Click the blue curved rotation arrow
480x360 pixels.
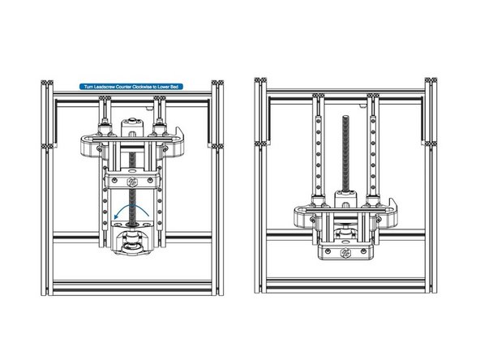[x=132, y=210]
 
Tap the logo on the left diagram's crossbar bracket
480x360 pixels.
[x=132, y=179]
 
